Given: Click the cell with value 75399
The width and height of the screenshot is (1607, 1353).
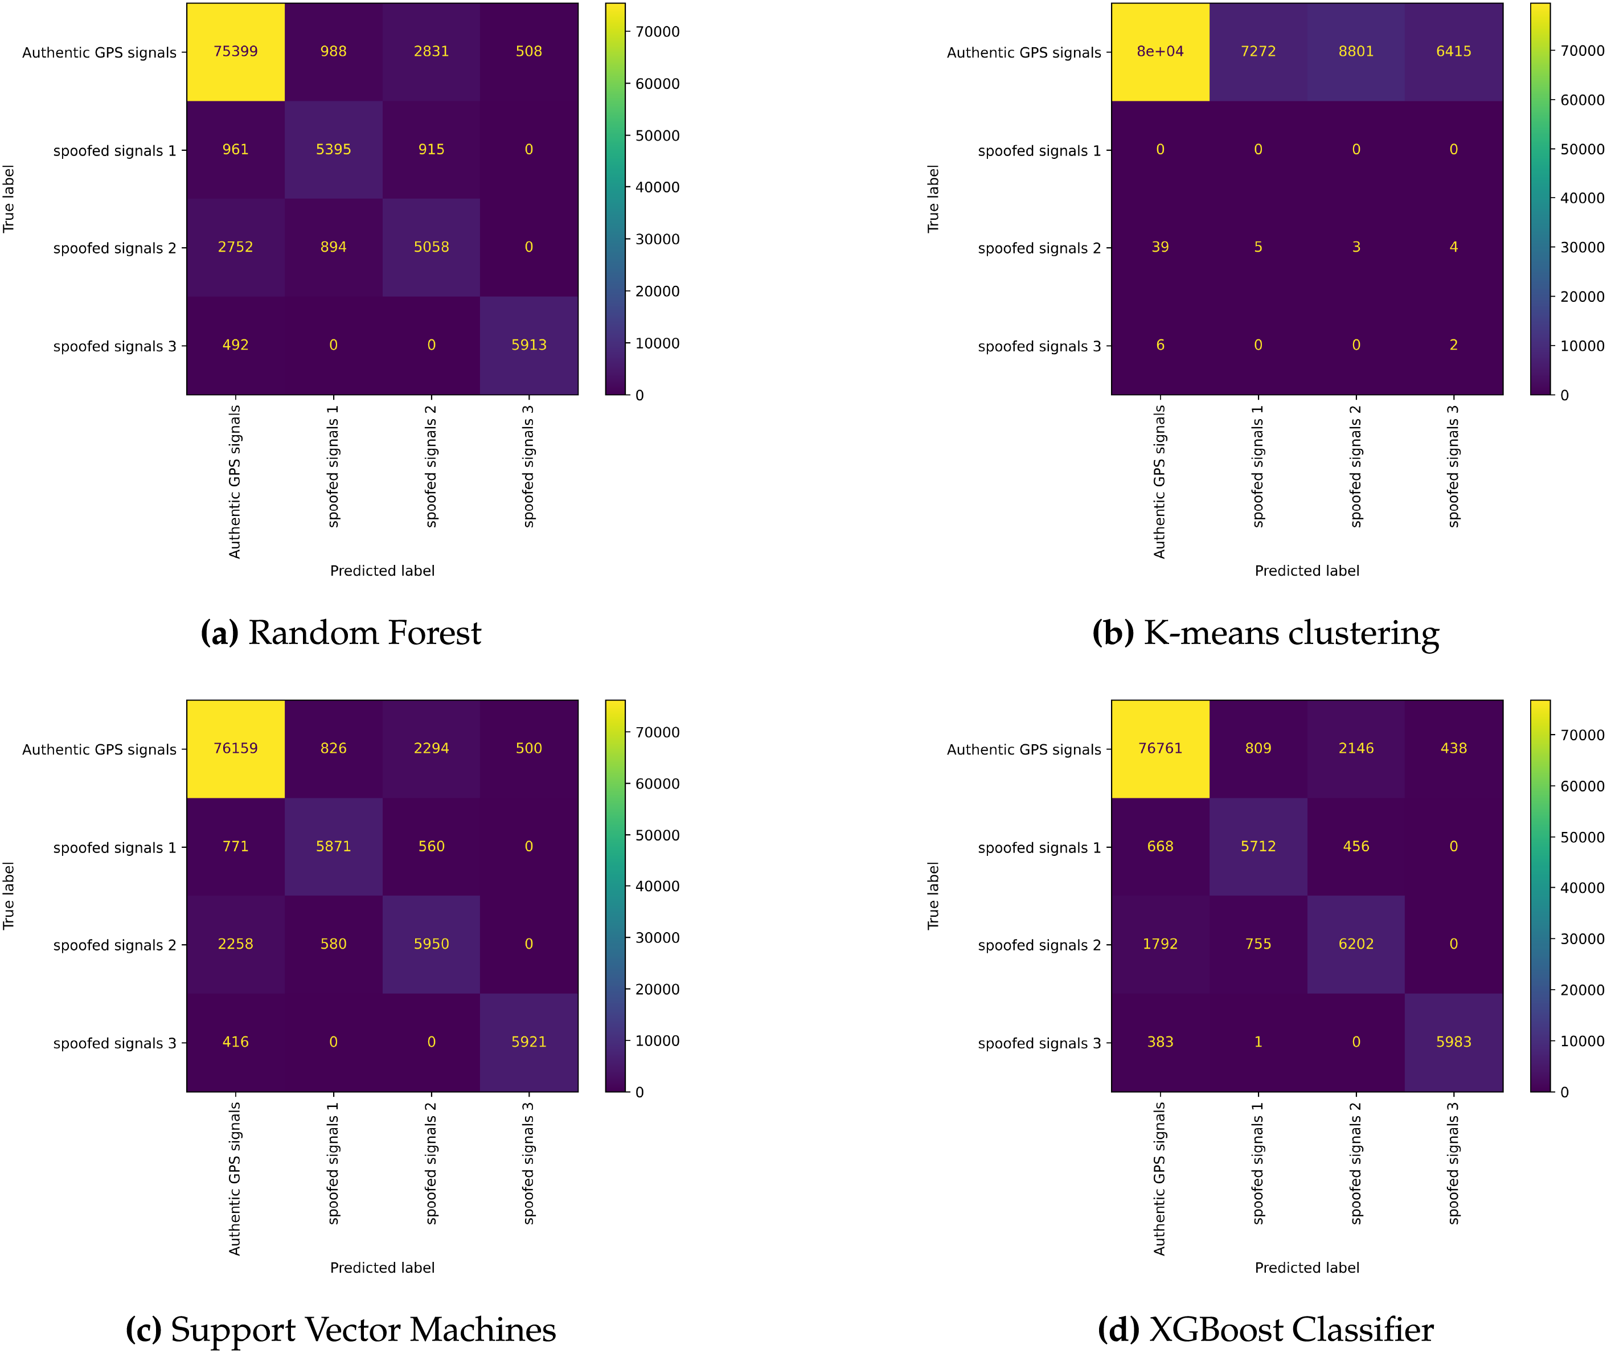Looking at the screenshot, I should pyautogui.click(x=236, y=51).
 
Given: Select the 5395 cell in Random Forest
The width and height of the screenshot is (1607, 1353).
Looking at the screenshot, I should pyautogui.click(x=333, y=150).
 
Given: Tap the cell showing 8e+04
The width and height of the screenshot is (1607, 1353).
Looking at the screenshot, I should pyautogui.click(x=1160, y=51).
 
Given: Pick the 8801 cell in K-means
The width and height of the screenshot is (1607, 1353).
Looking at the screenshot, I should pyautogui.click(x=1355, y=51).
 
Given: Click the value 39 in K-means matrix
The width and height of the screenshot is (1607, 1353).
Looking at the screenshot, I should pyautogui.click(x=1160, y=247).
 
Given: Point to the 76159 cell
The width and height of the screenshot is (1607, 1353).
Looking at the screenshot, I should pyautogui.click(x=236, y=748).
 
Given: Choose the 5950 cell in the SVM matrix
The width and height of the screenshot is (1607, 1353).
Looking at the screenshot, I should pyautogui.click(x=431, y=944).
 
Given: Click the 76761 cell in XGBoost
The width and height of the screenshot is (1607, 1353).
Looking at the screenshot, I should pyautogui.click(x=1160, y=748).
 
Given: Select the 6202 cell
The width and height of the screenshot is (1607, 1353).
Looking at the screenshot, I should pyautogui.click(x=1355, y=944).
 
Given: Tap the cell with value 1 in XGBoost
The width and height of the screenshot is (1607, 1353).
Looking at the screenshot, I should pyautogui.click(x=1258, y=1042).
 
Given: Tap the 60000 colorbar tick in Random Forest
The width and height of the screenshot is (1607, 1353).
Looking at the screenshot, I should pyautogui.click(x=657, y=84).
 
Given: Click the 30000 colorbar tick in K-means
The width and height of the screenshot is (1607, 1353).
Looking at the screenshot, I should pyautogui.click(x=1582, y=247).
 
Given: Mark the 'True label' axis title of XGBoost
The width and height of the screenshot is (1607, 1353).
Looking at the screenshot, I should pyautogui.click(x=933, y=896).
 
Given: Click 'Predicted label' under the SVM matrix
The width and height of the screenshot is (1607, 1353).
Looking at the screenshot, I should pyautogui.click(x=382, y=1268).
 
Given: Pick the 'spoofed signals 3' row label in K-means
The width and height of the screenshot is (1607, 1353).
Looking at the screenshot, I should pyautogui.click(x=1039, y=346).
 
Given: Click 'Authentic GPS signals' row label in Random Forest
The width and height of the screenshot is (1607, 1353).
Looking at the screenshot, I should pyautogui.click(x=99, y=52).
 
